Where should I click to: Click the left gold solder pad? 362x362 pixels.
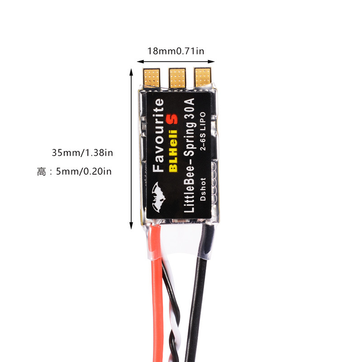pyautogui.click(x=152, y=77)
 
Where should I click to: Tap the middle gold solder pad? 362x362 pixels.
pyautogui.click(x=177, y=77)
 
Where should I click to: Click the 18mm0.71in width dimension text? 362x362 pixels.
pyautogui.click(x=176, y=51)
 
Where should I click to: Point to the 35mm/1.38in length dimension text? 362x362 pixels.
pyautogui.click(x=82, y=152)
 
